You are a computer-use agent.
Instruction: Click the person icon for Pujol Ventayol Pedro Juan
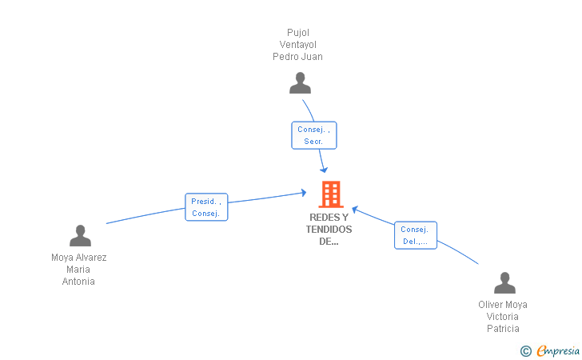(x=300, y=83)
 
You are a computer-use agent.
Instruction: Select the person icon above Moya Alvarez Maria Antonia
(x=80, y=235)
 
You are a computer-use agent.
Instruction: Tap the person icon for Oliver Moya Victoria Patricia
(x=504, y=282)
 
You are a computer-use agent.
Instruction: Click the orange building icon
(x=331, y=194)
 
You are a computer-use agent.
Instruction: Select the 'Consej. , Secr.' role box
(x=314, y=135)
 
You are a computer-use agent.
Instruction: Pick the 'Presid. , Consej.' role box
(x=206, y=207)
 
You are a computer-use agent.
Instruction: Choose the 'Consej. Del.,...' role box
(x=416, y=235)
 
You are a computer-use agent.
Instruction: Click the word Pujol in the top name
(x=298, y=33)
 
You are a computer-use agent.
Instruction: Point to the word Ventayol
(x=298, y=45)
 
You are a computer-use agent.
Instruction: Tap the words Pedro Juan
(x=297, y=57)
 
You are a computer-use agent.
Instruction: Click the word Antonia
(x=78, y=282)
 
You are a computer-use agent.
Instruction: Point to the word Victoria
(x=503, y=317)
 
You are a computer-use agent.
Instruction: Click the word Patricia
(x=503, y=329)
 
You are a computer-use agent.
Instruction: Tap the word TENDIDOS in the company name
(x=329, y=230)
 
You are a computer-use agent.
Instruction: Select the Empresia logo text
(x=558, y=350)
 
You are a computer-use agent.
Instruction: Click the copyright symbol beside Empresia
(x=526, y=351)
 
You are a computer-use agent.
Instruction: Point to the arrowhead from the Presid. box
(x=304, y=193)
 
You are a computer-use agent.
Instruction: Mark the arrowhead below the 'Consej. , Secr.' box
(x=324, y=170)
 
